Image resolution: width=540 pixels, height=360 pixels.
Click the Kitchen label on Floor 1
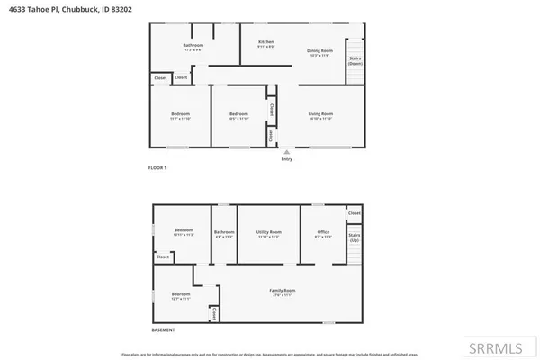coord(265,42)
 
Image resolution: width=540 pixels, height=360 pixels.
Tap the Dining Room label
coord(321,51)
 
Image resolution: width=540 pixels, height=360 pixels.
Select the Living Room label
coord(321,114)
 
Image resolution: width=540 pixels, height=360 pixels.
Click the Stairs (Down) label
coord(355,61)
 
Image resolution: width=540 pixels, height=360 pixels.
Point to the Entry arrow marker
coord(287,151)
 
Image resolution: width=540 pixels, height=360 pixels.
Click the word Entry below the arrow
coord(287,159)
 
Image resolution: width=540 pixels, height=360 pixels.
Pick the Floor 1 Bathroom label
coord(193,46)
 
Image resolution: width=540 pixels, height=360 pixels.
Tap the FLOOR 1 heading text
coord(157,168)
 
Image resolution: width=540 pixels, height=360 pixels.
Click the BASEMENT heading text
coord(162,330)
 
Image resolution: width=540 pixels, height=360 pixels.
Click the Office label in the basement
coord(323,233)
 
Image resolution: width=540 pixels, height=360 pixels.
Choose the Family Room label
coord(283,291)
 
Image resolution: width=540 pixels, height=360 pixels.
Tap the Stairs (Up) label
coord(354,239)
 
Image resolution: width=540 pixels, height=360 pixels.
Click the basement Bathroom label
coord(223,233)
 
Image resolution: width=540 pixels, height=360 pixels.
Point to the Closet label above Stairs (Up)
coord(354,213)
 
